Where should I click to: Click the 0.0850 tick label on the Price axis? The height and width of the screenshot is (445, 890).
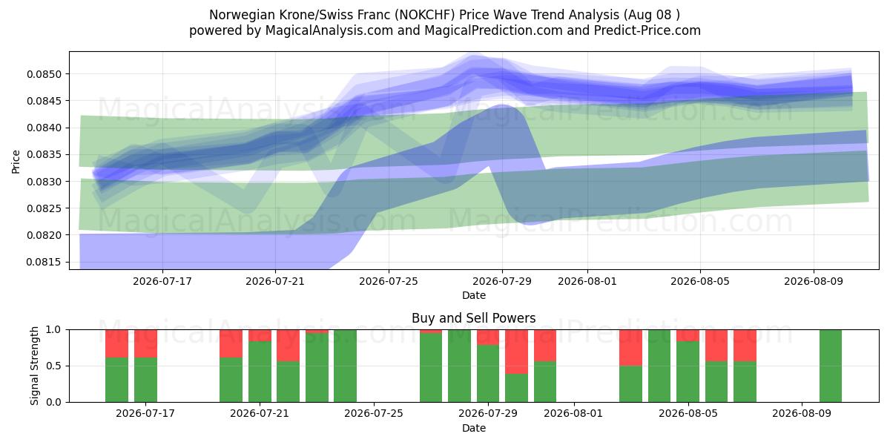tap(44, 74)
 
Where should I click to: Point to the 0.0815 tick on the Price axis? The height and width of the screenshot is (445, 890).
tap(44, 263)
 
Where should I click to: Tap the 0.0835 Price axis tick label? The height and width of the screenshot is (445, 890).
tap(44, 155)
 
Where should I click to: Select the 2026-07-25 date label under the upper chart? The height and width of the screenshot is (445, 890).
tap(389, 281)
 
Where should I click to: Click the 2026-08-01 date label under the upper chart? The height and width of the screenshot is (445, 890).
tap(587, 281)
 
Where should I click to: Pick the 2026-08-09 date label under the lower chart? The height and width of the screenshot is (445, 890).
tap(802, 413)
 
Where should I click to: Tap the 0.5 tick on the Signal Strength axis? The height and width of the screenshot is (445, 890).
tap(53, 366)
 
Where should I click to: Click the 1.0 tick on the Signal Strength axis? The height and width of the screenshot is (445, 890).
tap(53, 330)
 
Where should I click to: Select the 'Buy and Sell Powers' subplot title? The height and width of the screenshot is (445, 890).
tap(474, 318)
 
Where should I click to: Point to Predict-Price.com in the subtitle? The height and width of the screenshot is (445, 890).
tap(647, 30)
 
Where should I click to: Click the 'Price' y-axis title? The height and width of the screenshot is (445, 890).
tap(16, 162)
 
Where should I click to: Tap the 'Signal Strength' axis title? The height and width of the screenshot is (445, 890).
tap(35, 366)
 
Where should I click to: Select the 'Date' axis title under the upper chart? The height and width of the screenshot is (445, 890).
tap(474, 295)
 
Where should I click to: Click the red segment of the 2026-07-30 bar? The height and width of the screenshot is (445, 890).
tap(516, 352)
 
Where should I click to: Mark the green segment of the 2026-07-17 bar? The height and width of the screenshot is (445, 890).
tap(146, 380)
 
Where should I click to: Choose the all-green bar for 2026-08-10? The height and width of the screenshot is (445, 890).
tap(831, 366)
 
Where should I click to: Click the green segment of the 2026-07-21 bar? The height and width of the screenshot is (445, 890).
tap(260, 372)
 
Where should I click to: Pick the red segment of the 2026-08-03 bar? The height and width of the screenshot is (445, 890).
tap(630, 348)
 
